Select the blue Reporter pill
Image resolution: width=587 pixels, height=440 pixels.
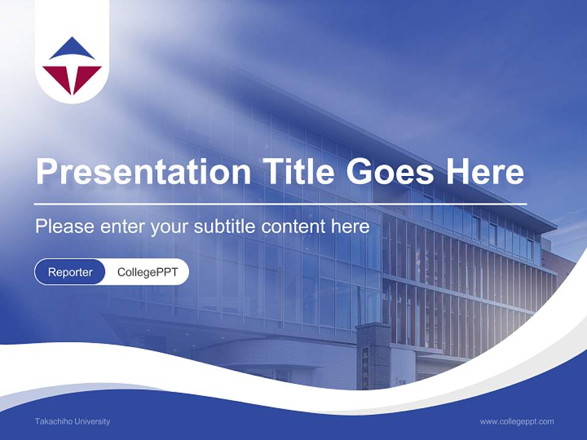coord(70,272)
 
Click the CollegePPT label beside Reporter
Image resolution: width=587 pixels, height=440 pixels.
coord(147,272)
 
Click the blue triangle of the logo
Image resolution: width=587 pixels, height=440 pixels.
coord(72,50)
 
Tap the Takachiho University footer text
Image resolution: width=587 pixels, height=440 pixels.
coord(72,421)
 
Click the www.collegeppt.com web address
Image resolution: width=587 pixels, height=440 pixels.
coord(517,421)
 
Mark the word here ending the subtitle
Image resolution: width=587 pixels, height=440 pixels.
coord(350,227)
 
